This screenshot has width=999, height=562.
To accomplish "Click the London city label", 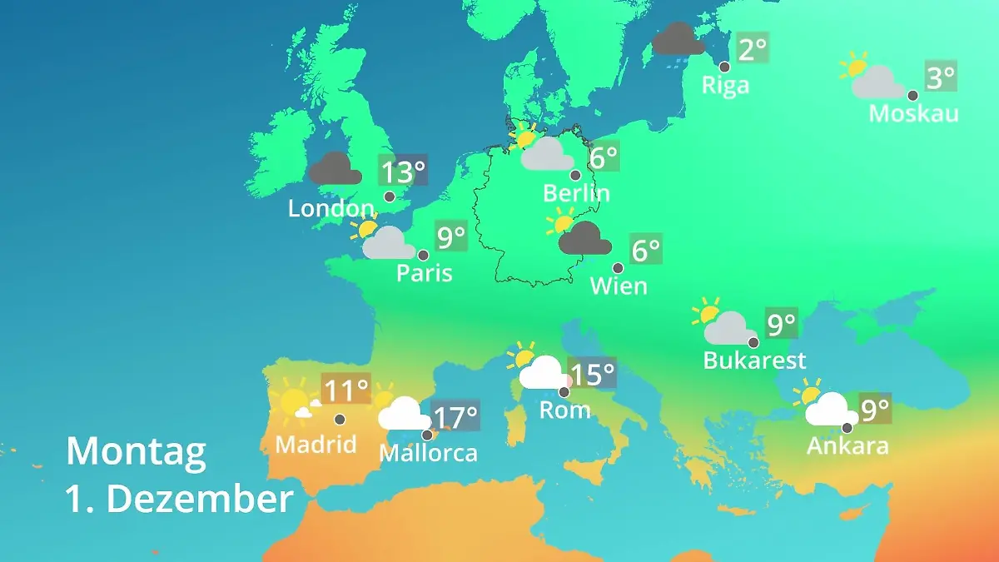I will click(331, 208).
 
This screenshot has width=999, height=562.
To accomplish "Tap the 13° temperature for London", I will click(403, 172).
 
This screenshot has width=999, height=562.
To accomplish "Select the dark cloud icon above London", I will click(335, 169).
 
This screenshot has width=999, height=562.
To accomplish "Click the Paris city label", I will click(425, 272).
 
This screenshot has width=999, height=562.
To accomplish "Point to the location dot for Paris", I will click(423, 255).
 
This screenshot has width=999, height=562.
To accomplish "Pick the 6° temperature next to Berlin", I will click(604, 156).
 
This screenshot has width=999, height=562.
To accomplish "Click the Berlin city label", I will click(576, 193).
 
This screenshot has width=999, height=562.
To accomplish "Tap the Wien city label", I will click(619, 286).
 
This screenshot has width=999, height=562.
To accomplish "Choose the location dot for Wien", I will click(618, 268).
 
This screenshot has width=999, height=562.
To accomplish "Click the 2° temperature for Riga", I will click(752, 49).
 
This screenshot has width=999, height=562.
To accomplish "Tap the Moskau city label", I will click(913, 113).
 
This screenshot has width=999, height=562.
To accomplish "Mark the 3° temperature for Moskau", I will click(941, 78).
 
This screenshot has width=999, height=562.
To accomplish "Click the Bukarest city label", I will click(755, 361).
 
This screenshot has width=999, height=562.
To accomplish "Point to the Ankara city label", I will click(847, 445).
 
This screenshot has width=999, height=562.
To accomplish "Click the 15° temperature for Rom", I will click(593, 374).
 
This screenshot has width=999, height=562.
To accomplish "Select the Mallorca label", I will click(428, 453).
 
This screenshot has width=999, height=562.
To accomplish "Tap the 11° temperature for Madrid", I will click(345, 390).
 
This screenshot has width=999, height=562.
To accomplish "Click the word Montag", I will click(136, 452).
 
